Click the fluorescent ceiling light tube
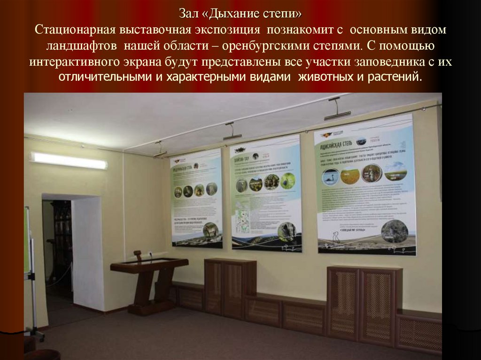[x=69, y=161]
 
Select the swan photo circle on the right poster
[x=331, y=176]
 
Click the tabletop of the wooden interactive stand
[x=149, y=263]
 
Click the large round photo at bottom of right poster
[x=394, y=231]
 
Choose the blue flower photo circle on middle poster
[x=288, y=181]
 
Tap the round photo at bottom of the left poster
[x=210, y=230]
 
